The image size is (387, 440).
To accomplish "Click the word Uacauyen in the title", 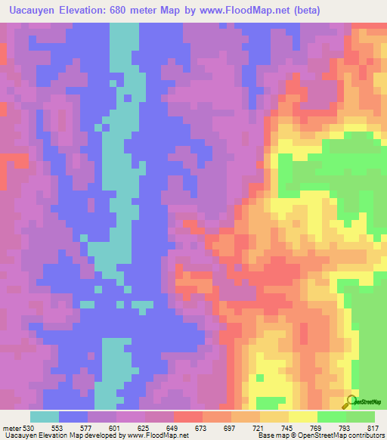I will [x=32, y=11].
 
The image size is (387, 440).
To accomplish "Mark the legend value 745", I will [x=284, y=428].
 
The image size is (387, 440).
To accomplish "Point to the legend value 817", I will [x=370, y=428].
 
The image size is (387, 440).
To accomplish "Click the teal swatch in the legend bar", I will [x=45, y=417].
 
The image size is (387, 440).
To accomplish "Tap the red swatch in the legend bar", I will [x=188, y=417].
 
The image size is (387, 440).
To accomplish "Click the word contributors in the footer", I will [x=366, y=435].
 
